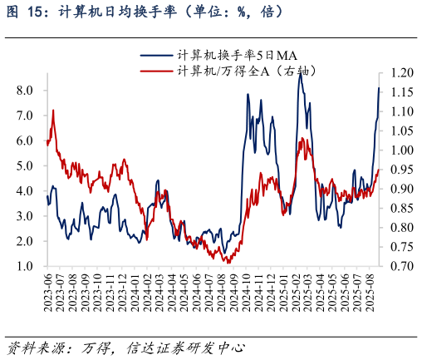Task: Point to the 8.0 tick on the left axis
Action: pos(25,90)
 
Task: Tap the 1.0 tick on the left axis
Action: pos(25,267)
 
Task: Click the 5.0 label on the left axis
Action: pos(25,165)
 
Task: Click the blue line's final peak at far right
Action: pos(379,88)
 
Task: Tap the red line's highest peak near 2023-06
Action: pos(53,110)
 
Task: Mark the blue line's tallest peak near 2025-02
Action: pos(301,76)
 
